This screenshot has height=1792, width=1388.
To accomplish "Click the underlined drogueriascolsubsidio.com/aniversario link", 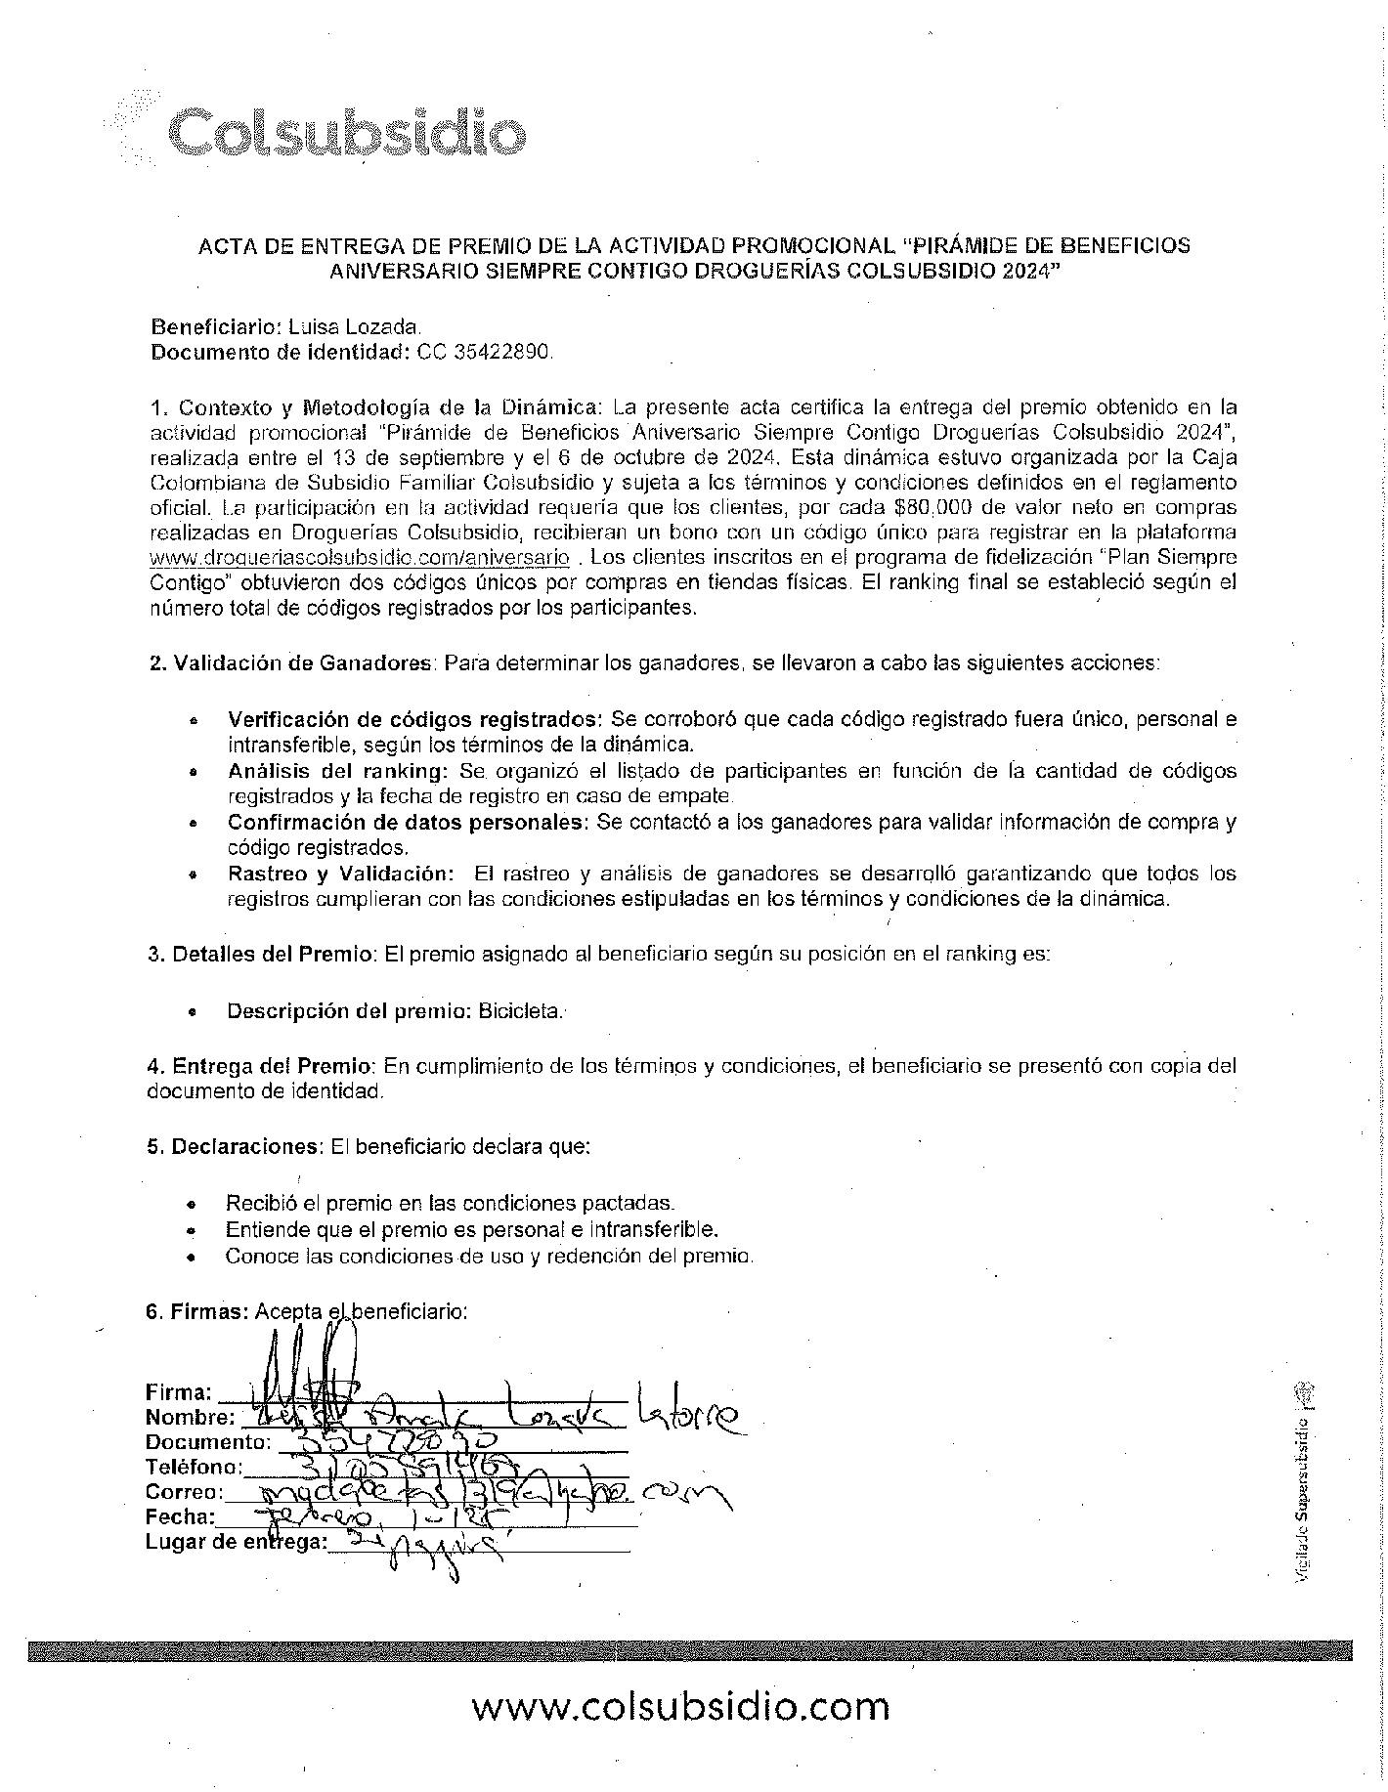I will pyautogui.click(x=360, y=558).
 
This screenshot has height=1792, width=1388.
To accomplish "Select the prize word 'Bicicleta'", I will pyautogui.click(x=521, y=1011).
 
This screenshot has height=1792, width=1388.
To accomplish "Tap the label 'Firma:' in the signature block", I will pyautogui.click(x=179, y=1391).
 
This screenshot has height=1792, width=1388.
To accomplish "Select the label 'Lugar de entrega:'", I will pyautogui.click(x=236, y=1542).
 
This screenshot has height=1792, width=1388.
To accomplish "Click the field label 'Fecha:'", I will pyautogui.click(x=180, y=1516).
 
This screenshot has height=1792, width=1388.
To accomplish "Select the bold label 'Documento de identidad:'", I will pyautogui.click(x=280, y=353).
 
